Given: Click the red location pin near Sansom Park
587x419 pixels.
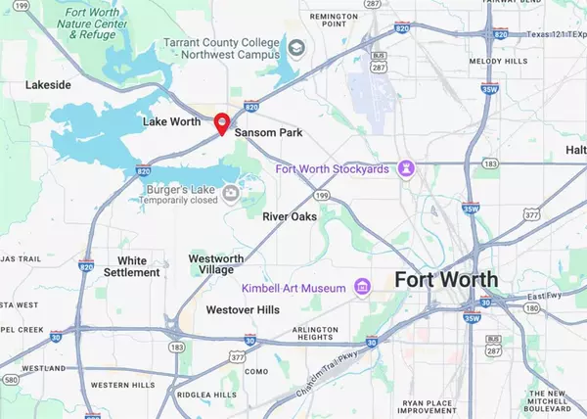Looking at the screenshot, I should coord(222,122).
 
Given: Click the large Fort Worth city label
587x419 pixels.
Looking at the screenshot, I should coord(446,280).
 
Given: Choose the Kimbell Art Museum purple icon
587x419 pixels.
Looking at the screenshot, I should coord(363,287).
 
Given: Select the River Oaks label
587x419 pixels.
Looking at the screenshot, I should coord(290,216).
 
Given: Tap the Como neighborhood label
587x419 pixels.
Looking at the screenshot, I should coord(255,372).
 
